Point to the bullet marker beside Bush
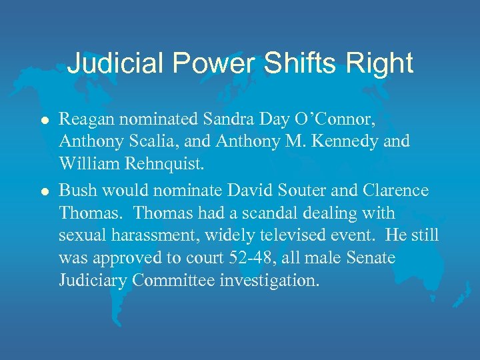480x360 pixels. point(44,191)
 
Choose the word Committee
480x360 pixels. point(174,281)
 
